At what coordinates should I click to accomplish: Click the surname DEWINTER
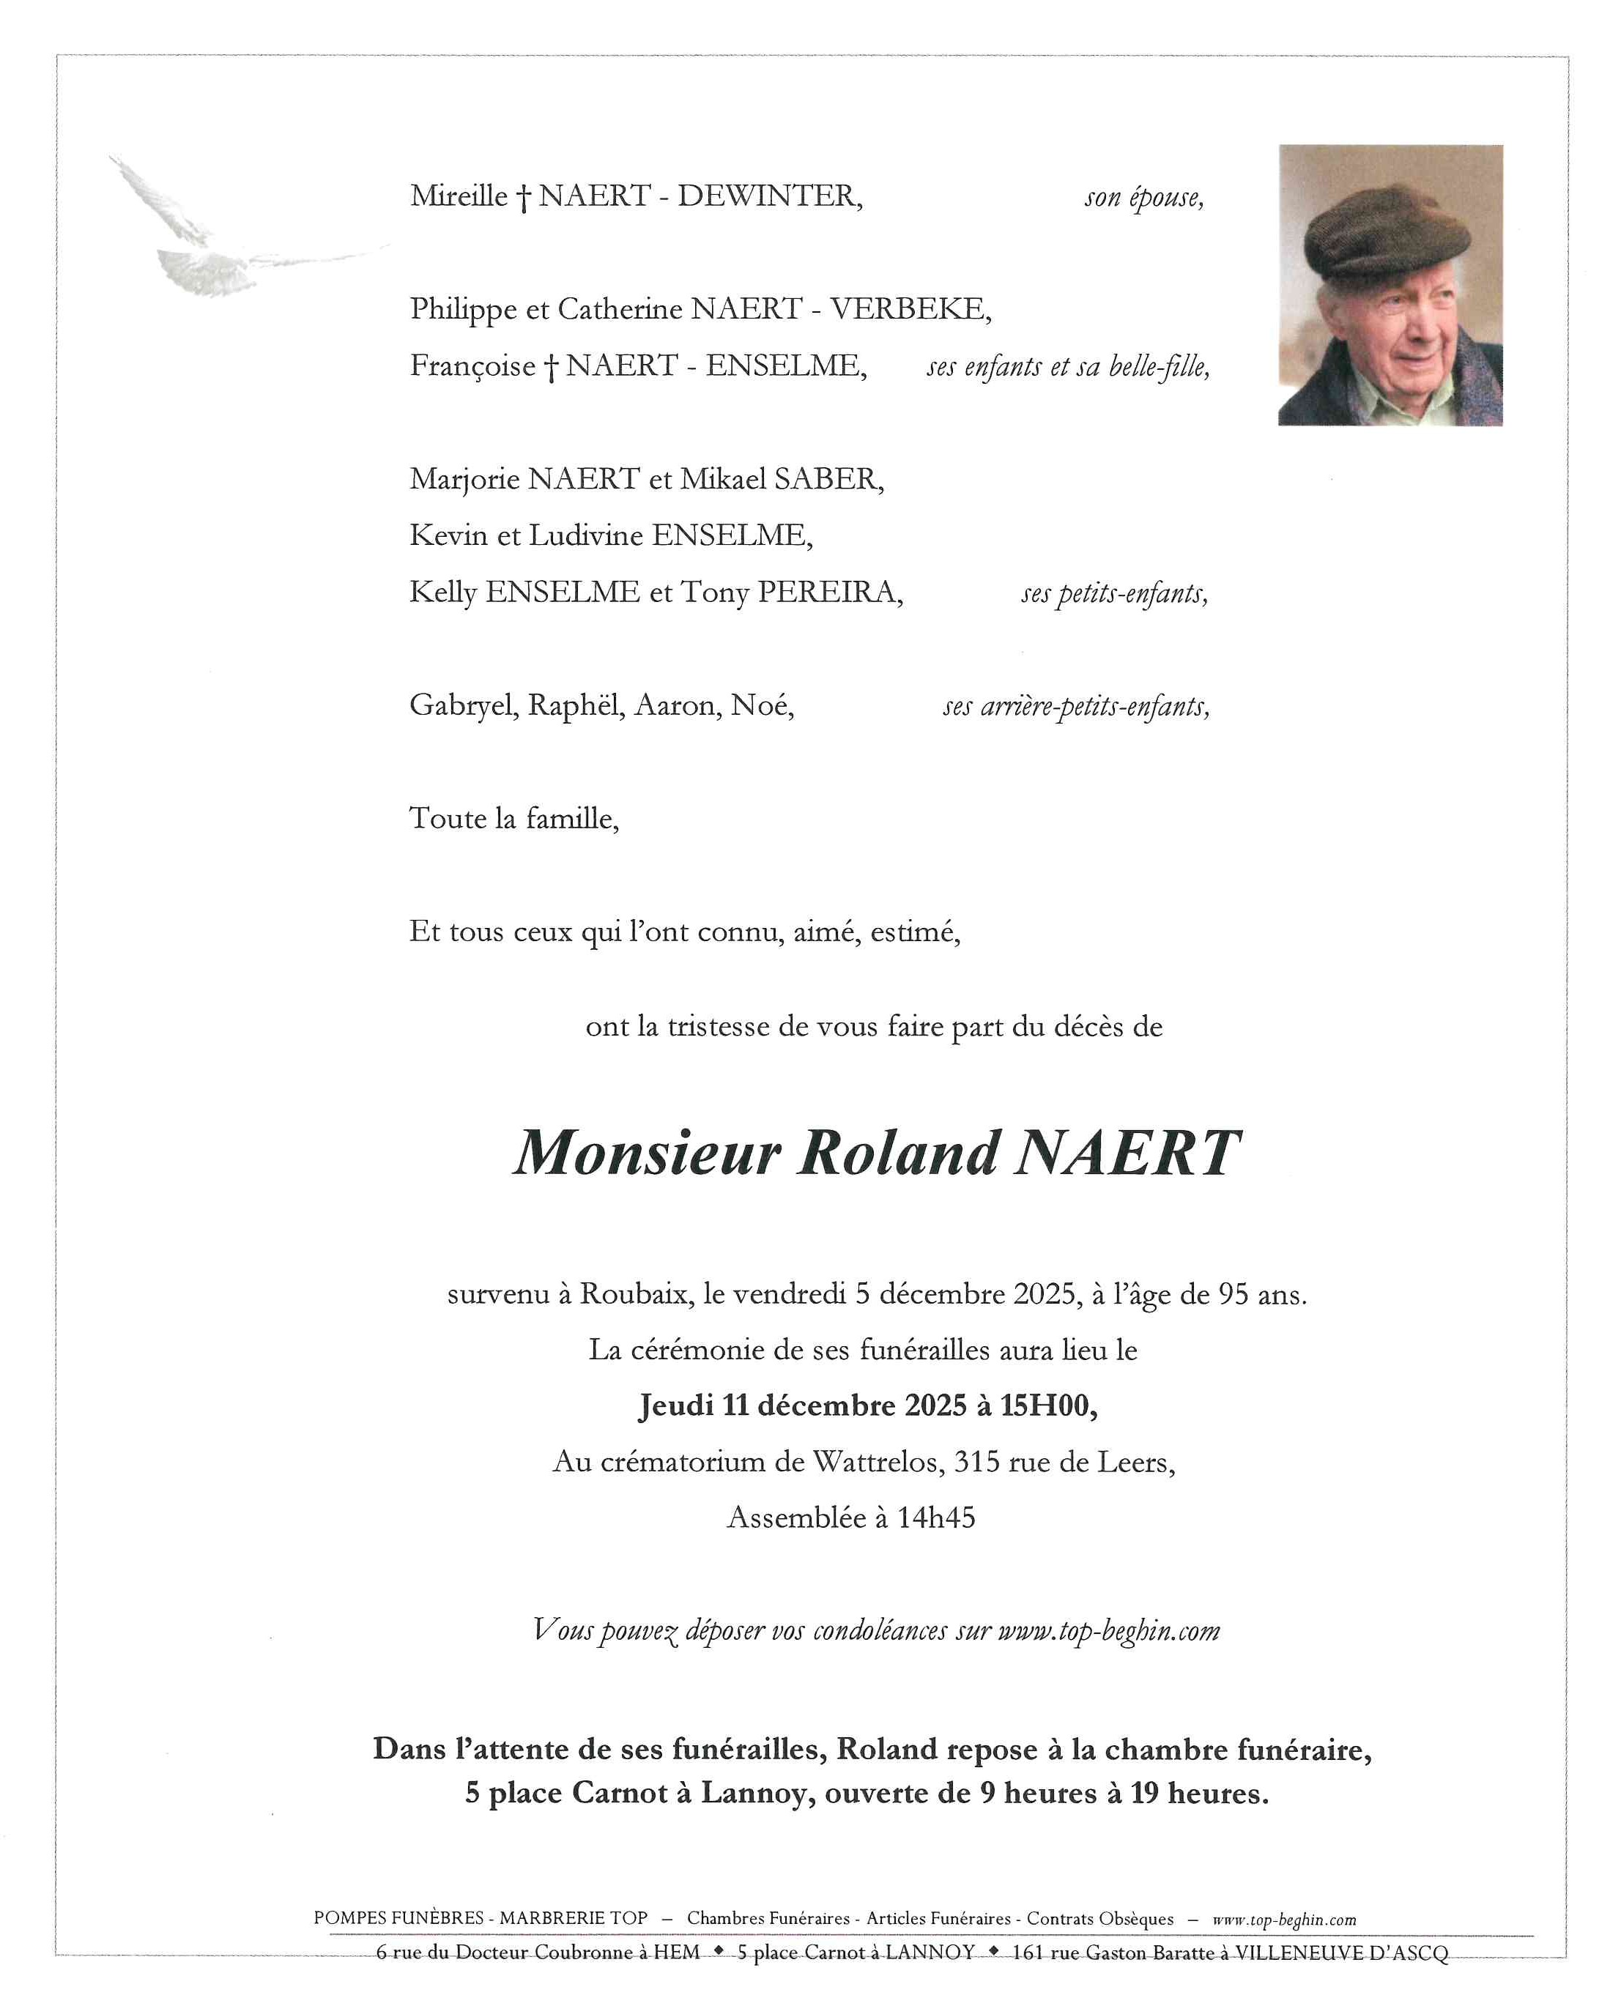tap(768, 196)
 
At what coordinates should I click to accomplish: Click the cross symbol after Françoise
tap(551, 368)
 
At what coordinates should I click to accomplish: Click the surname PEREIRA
tap(828, 592)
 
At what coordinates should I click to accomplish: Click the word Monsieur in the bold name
tap(647, 1154)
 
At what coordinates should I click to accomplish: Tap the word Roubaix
tap(637, 1294)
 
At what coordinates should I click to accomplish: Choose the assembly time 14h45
tap(935, 1517)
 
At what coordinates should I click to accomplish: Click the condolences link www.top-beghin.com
tap(1108, 1631)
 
